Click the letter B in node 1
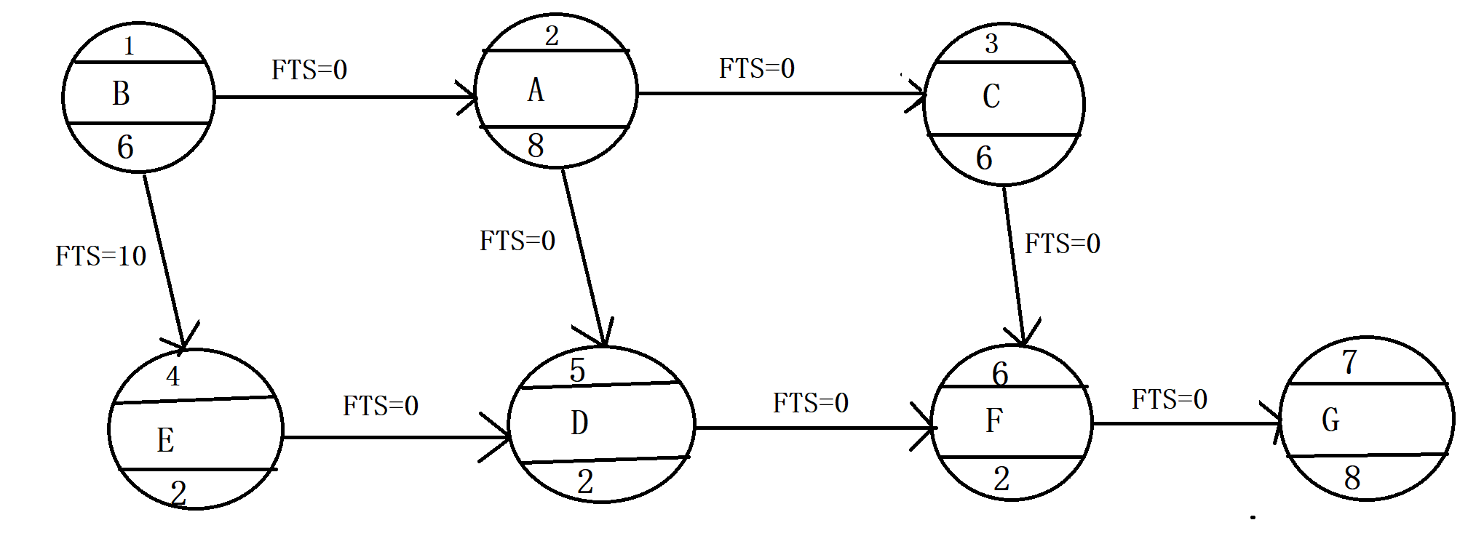coord(121,94)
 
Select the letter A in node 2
coord(536,90)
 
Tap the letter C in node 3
coord(991,96)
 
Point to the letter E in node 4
coord(165,440)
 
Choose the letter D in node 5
coord(579,423)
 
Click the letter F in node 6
coord(994,420)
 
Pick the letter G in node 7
coord(1330,420)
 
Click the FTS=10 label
coord(101,256)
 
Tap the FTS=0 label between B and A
coord(309,70)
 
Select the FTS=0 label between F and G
coord(1170,399)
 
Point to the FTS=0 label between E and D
coord(381,406)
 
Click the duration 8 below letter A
coord(536,145)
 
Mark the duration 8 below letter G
coord(1352,478)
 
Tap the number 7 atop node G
coord(1350,361)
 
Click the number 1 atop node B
coord(129,47)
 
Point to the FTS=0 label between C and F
coord(1063,244)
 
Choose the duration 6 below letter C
coord(984,158)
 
